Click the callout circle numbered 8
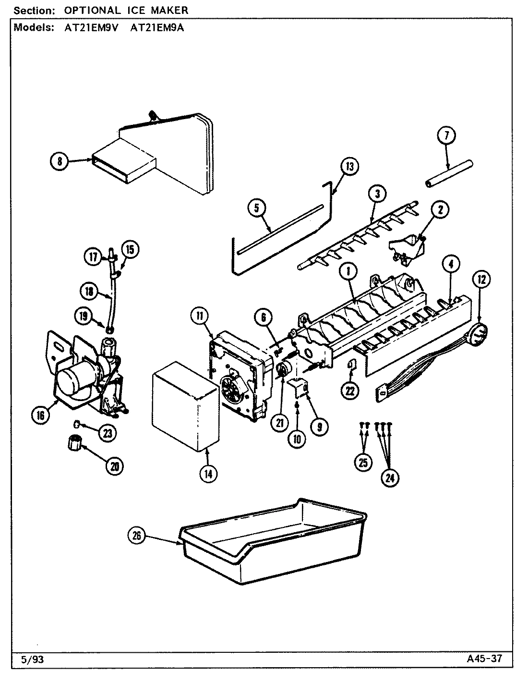tap(60, 161)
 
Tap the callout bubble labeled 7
tap(446, 136)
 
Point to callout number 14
tap(208, 473)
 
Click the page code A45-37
tap(484, 658)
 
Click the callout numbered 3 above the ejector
tap(378, 194)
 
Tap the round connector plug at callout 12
tap(478, 334)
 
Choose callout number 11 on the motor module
tap(199, 316)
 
